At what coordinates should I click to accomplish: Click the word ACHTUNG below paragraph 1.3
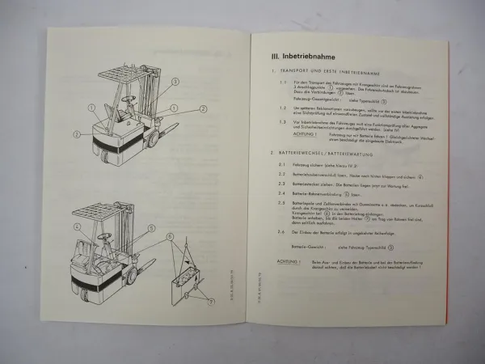305,133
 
